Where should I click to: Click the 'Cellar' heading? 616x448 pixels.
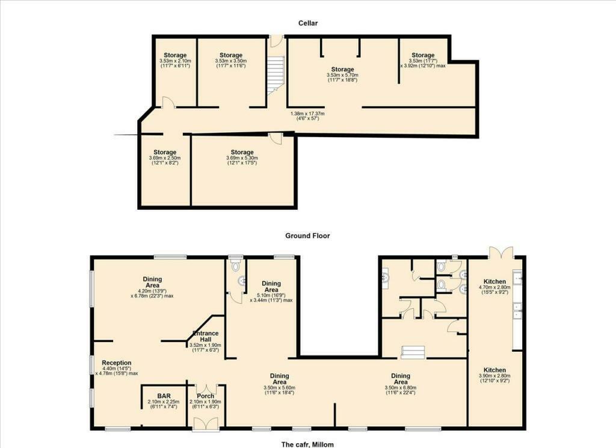click(x=307, y=23)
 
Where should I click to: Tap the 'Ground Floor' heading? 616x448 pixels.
click(x=307, y=236)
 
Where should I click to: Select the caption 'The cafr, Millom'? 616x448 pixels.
click(x=307, y=444)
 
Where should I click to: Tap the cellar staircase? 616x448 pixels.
click(x=276, y=75)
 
